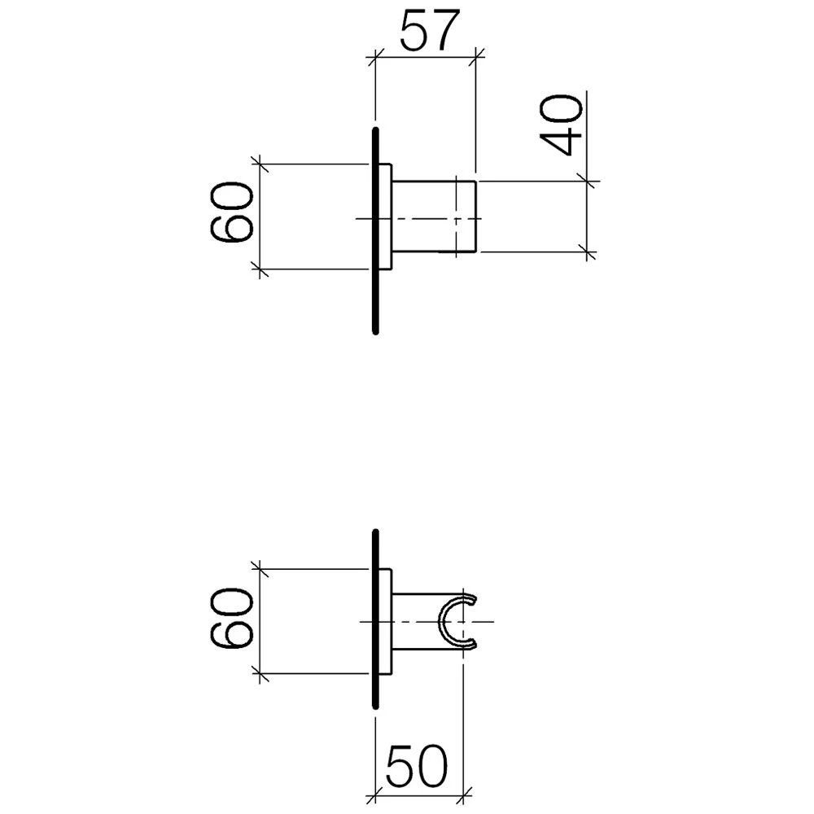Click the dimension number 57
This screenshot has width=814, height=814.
point(431,31)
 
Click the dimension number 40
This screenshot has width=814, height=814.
point(561,125)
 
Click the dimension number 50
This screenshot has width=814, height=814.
point(416,766)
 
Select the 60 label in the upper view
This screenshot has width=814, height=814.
point(231,212)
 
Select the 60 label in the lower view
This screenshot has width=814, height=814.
point(231,618)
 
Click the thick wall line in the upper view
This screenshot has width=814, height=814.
point(376,230)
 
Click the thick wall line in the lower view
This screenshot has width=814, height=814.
point(376,619)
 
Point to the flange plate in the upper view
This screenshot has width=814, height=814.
point(385,217)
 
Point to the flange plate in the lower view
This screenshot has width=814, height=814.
point(385,621)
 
